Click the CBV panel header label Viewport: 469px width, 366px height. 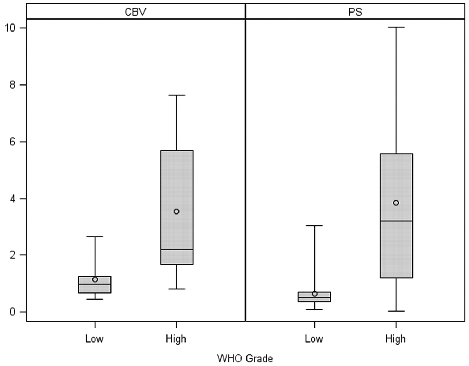(x=135, y=12)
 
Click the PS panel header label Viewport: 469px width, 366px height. (x=355, y=12)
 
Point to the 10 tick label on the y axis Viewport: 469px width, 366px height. (x=10, y=28)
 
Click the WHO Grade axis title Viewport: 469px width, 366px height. (x=245, y=358)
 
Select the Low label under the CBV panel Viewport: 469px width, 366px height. (x=94, y=339)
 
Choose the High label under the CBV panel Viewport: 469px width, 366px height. (x=176, y=339)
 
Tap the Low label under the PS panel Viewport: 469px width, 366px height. (x=314, y=339)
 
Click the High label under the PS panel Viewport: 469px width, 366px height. (x=396, y=339)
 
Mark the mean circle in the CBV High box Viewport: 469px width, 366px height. (x=176, y=211)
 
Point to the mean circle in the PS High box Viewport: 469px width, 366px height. (x=396, y=203)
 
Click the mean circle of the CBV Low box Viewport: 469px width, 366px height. (x=95, y=279)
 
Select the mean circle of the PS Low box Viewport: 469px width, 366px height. (x=314, y=294)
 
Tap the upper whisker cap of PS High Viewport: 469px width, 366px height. (x=396, y=27)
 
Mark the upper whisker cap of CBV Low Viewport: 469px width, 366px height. (x=95, y=237)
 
